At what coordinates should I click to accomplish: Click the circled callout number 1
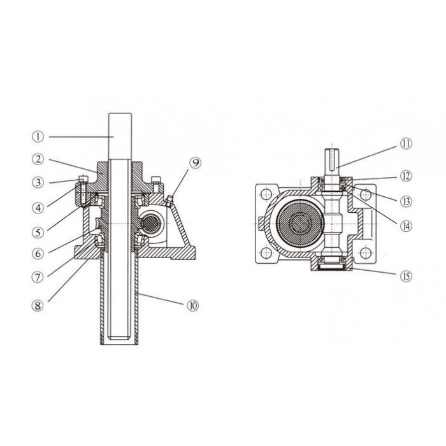(38, 137)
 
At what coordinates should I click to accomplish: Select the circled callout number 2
(38, 159)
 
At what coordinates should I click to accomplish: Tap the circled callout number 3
(38, 182)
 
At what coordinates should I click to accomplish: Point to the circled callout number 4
(38, 207)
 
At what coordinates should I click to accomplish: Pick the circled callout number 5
(38, 233)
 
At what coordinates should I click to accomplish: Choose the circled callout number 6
(38, 254)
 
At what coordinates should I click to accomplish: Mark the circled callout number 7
(38, 277)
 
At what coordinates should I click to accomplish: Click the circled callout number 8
(38, 305)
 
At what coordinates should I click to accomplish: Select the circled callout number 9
(195, 162)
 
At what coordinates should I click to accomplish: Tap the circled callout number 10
(192, 305)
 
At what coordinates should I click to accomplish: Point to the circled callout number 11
(406, 143)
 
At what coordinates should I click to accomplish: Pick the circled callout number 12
(406, 176)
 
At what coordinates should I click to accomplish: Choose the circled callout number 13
(406, 201)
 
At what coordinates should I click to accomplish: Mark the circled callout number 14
(406, 226)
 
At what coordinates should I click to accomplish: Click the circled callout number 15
(406, 276)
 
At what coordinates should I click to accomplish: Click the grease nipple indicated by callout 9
(169, 199)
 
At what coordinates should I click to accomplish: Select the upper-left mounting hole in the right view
(266, 194)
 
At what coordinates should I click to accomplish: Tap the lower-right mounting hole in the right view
(366, 253)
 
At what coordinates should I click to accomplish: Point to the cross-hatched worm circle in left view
(151, 223)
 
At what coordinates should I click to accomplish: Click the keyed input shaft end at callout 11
(332, 160)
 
